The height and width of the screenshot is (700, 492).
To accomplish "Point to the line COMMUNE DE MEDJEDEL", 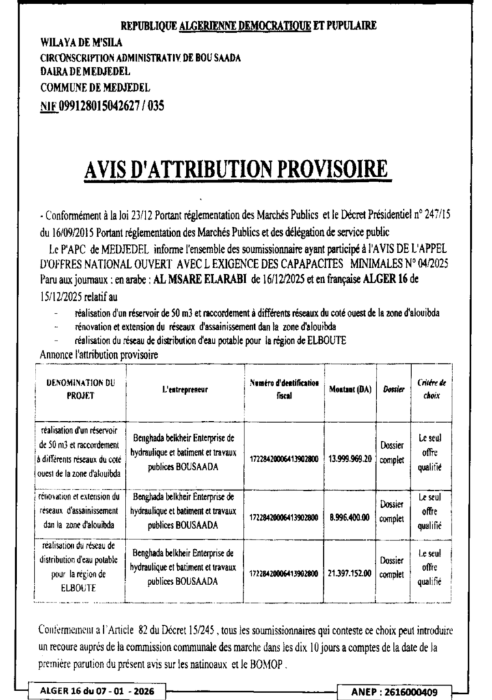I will [95, 87].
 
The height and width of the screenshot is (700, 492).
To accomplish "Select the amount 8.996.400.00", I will [349, 518].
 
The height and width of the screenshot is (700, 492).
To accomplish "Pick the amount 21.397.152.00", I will [349, 573].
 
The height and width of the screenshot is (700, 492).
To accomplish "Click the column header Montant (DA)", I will [349, 389].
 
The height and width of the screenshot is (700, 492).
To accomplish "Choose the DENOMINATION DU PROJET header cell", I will [81, 389].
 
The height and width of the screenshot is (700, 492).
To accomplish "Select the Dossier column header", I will [391, 389].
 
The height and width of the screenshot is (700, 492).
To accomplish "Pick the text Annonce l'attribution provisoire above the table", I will [99, 355].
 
